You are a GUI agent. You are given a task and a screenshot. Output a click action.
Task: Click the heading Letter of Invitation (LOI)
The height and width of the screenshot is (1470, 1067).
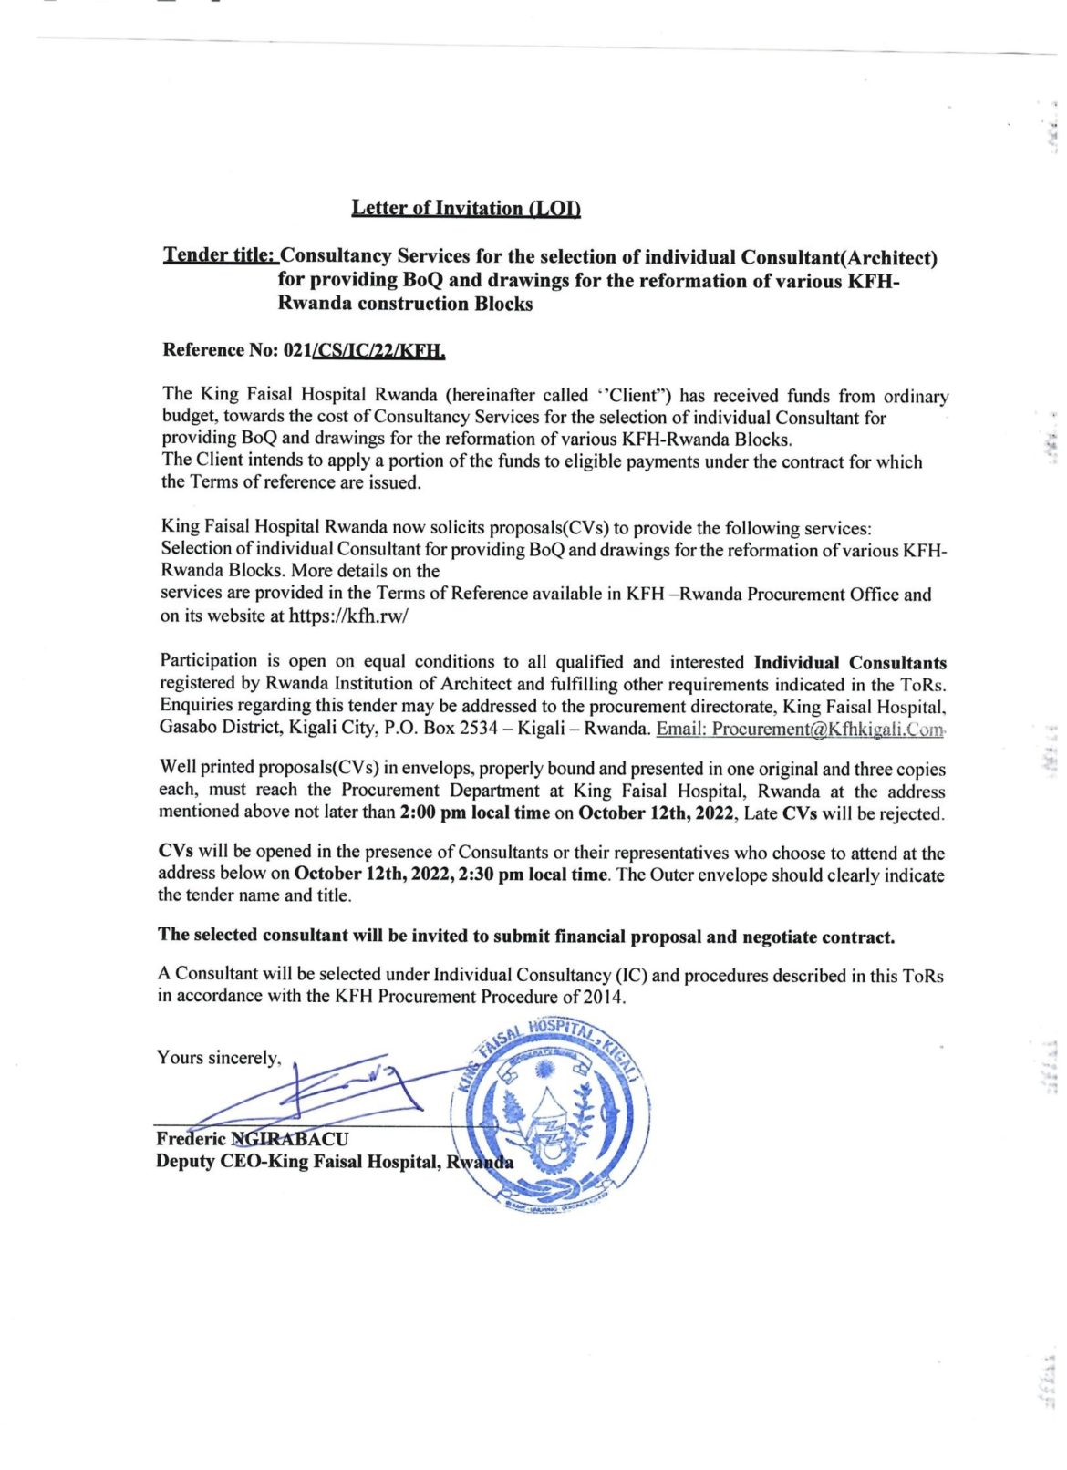click(466, 208)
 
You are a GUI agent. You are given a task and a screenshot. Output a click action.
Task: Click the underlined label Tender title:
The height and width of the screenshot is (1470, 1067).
click(219, 256)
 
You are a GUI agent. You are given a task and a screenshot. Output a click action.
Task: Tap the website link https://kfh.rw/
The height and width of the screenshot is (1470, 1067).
click(348, 616)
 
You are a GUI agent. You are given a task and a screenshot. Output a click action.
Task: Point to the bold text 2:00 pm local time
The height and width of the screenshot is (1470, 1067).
click(475, 813)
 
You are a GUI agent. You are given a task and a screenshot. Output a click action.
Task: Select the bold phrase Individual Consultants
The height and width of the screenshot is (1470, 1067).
click(850, 663)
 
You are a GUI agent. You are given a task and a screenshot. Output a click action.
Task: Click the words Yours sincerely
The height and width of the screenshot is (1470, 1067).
click(218, 1058)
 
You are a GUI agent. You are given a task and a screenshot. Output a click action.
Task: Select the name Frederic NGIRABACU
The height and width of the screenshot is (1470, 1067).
click(252, 1138)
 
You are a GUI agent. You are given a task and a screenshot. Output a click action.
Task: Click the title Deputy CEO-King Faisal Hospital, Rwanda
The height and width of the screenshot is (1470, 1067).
click(334, 1162)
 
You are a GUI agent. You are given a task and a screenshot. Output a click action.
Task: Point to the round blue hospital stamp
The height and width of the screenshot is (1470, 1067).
click(550, 1113)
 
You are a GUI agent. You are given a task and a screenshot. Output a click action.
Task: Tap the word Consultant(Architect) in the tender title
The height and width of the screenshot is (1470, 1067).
click(839, 258)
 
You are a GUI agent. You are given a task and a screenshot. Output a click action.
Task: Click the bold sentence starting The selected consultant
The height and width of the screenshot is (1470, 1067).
click(526, 937)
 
